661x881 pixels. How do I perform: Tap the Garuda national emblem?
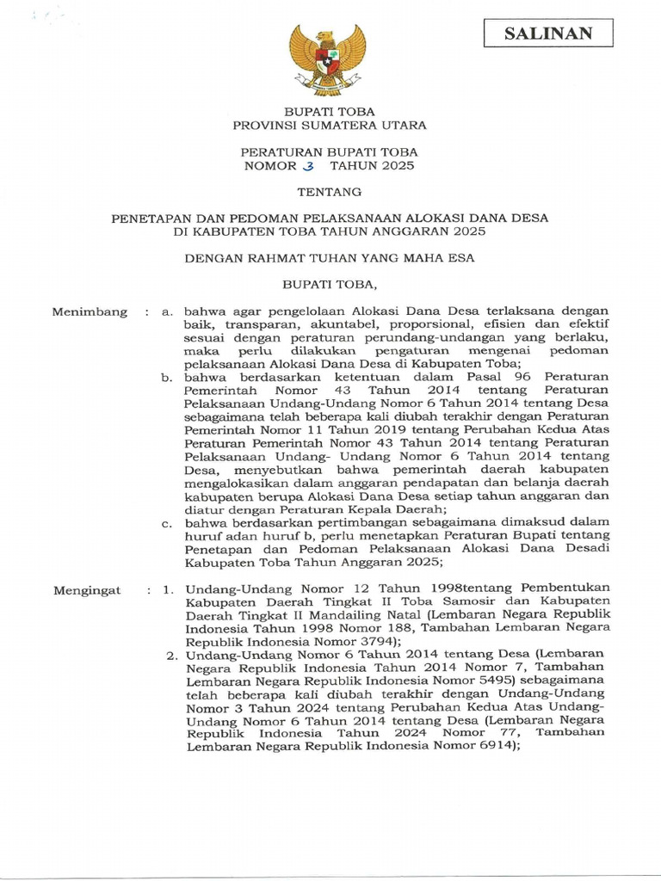click(327, 59)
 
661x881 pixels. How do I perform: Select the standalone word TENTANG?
click(330, 192)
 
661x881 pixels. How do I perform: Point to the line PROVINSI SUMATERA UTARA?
click(330, 126)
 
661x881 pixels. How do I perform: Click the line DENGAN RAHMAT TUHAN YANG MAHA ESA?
click(330, 256)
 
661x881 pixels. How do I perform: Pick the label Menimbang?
click(90, 311)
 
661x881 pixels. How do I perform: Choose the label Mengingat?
click(87, 591)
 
